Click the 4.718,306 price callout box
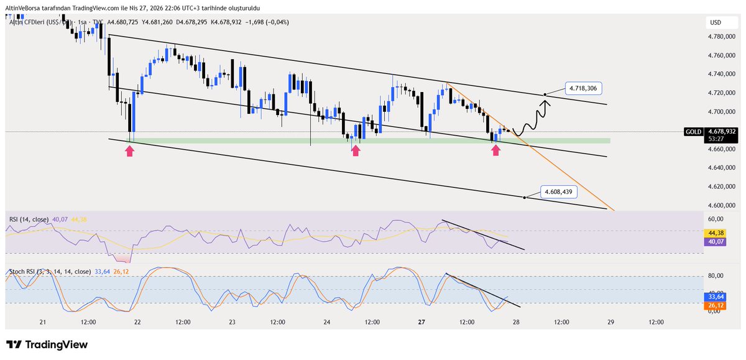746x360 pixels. (x=583, y=88)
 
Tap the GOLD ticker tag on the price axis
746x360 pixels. (x=693, y=132)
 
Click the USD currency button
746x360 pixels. (x=716, y=23)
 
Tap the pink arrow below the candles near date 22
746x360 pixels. (x=129, y=151)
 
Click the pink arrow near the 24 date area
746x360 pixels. (x=354, y=151)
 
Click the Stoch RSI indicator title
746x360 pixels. (x=49, y=272)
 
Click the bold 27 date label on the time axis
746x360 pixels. (x=421, y=322)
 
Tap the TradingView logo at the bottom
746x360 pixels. (x=47, y=344)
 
